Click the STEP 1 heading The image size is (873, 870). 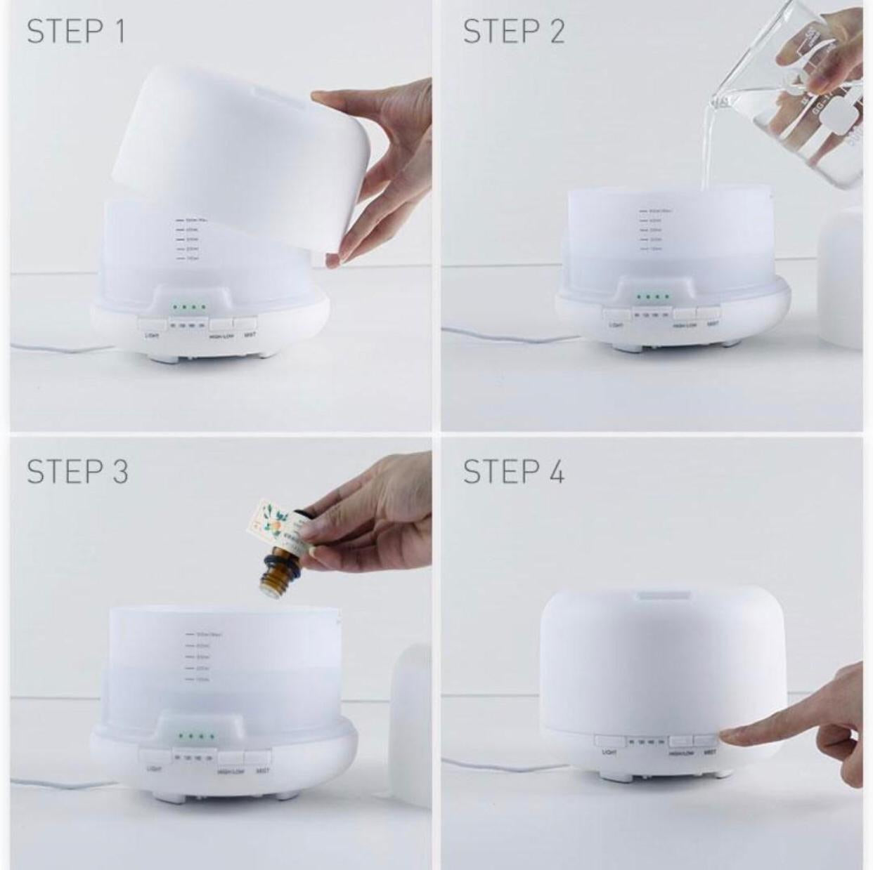pyautogui.click(x=76, y=32)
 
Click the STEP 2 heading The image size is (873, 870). pyautogui.click(x=514, y=32)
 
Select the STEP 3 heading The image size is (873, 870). pyautogui.click(x=77, y=471)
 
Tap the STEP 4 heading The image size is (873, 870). pyautogui.click(x=514, y=471)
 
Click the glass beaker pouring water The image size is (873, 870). pyautogui.click(x=794, y=91)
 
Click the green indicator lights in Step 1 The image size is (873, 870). pyautogui.click(x=188, y=306)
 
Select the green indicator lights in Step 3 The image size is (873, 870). pyautogui.click(x=195, y=737)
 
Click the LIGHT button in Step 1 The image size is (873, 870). pyautogui.click(x=152, y=324)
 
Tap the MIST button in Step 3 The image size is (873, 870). pyautogui.click(x=259, y=756)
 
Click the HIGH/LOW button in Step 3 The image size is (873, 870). pyautogui.click(x=231, y=758)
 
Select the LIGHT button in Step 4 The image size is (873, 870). pyautogui.click(x=609, y=741)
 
